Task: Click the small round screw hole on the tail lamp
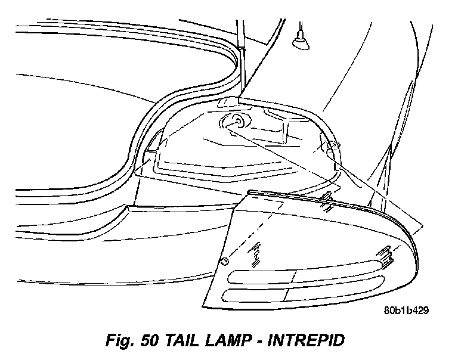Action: pyautogui.click(x=225, y=261)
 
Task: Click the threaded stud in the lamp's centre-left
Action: pyautogui.click(x=258, y=253)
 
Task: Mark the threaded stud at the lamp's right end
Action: pyautogui.click(x=384, y=255)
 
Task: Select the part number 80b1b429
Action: pyautogui.click(x=406, y=310)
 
